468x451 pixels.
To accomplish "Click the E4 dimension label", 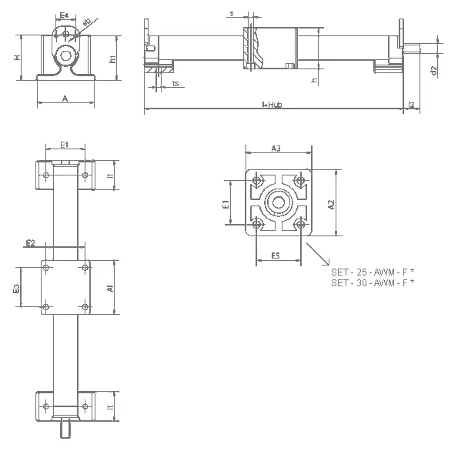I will tap(65, 15).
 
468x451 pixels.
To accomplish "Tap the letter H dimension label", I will tap(16, 57).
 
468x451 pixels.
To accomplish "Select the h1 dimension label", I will tap(112, 58).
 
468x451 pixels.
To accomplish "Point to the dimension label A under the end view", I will tap(65, 99).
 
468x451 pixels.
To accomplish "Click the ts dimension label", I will tap(176, 83).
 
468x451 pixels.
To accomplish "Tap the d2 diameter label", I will tap(434, 70).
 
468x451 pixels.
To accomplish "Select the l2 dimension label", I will tap(413, 103).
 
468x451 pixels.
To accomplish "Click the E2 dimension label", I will tap(30, 243).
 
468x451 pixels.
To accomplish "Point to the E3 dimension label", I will tap(16, 289).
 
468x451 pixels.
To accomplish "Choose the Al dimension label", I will tap(111, 289).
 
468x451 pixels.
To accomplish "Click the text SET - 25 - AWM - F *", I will tap(373, 272).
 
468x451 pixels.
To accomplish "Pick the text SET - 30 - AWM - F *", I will tap(373, 283).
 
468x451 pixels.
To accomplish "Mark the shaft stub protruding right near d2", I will tap(416, 49).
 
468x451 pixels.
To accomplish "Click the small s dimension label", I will tap(232, 13).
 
